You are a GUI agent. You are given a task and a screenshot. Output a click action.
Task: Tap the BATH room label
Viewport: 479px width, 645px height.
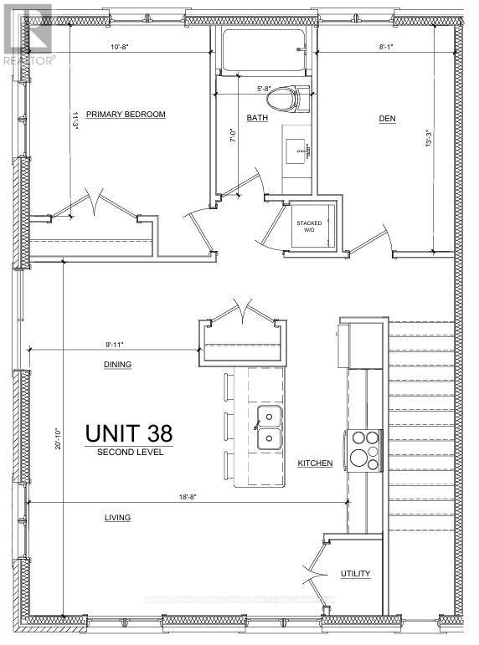tap(257, 119)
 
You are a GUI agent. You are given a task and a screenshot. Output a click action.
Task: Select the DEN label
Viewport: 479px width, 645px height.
tap(387, 119)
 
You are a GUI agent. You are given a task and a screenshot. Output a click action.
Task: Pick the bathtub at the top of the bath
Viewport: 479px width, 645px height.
tap(264, 51)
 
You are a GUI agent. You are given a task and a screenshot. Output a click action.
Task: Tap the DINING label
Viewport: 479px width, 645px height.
tap(117, 365)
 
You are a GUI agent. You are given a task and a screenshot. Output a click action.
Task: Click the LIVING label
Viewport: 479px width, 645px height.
tap(117, 518)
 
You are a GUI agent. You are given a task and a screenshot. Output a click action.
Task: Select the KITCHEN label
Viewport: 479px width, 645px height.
tap(315, 463)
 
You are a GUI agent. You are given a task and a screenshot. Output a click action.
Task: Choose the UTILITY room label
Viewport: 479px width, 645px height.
tap(355, 575)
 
